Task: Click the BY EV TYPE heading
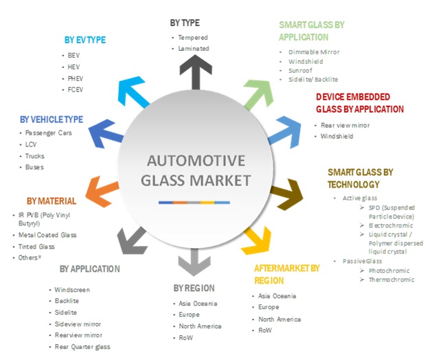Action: tap(85, 40)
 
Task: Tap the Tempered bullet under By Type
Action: tap(193, 37)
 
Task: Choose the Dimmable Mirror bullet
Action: tap(313, 52)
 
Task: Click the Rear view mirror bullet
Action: tap(345, 125)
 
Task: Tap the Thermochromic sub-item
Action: tap(391, 280)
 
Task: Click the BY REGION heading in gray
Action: tap(194, 288)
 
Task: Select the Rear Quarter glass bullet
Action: tap(82, 346)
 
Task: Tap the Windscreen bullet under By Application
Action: tap(72, 290)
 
